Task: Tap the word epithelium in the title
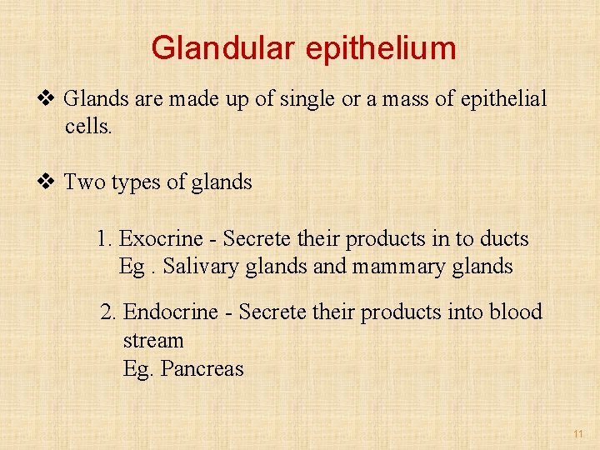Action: pyautogui.click(x=381, y=49)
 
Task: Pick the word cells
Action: pyautogui.click(x=87, y=127)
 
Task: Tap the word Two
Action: pyautogui.click(x=82, y=182)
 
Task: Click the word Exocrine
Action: pyautogui.click(x=162, y=239)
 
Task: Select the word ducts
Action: pyautogui.click(x=503, y=239)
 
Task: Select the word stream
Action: pyautogui.click(x=153, y=341)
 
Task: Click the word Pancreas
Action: pyautogui.click(x=202, y=368)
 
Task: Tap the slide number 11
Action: pyautogui.click(x=578, y=434)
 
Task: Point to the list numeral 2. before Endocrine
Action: pyautogui.click(x=108, y=312)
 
